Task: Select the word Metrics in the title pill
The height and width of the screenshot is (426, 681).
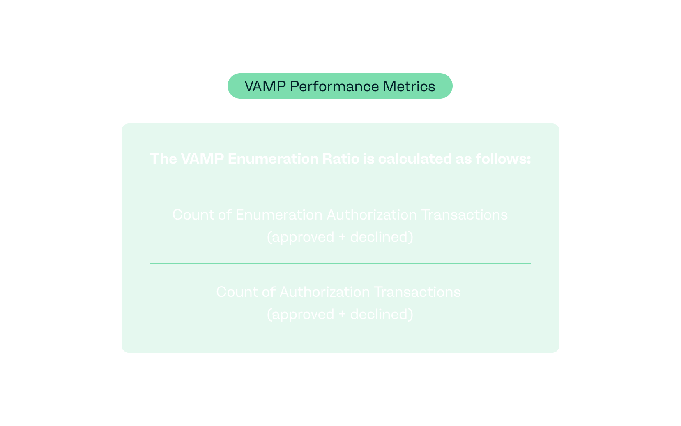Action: pos(409,86)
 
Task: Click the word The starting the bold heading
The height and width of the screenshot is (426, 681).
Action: pos(163,159)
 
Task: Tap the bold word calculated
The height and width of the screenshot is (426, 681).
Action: pos(415,159)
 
